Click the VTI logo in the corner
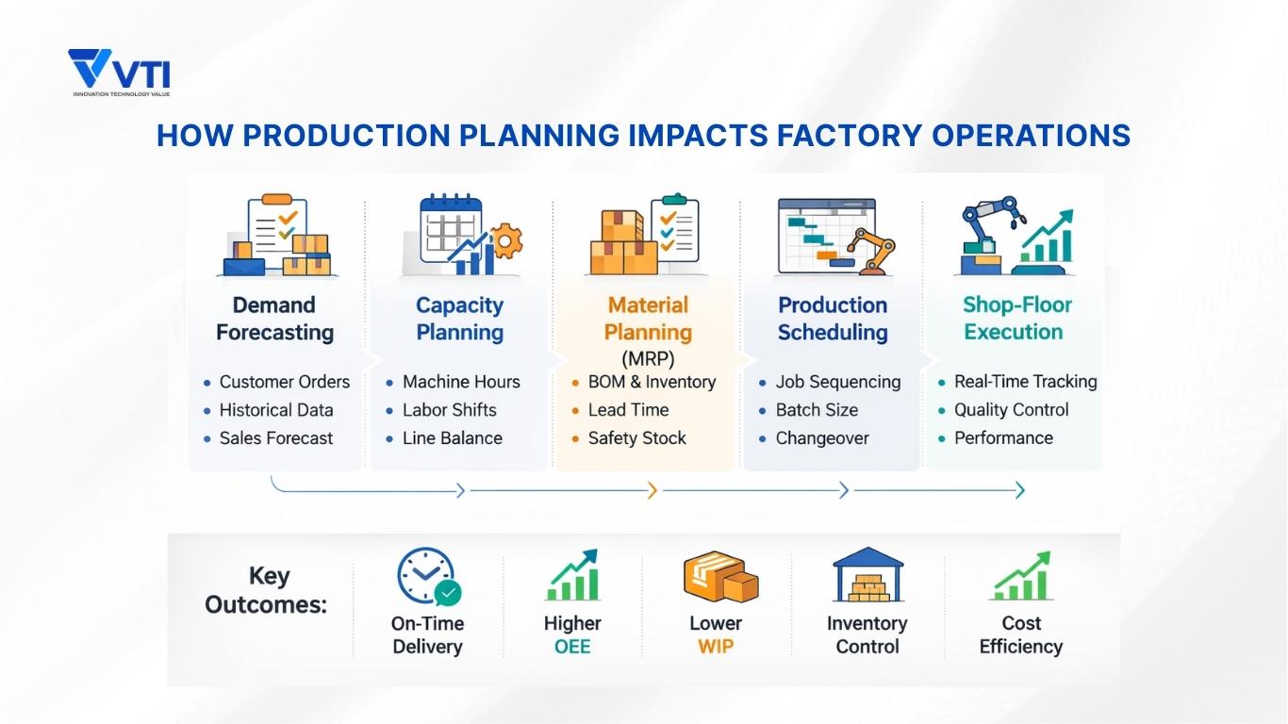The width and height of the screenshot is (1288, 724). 119,73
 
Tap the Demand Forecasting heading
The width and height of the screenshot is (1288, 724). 274,319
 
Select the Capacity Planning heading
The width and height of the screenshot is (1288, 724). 459,319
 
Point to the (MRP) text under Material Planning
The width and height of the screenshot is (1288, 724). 648,358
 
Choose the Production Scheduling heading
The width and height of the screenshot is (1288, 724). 833,319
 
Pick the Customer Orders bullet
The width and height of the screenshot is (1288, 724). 284,382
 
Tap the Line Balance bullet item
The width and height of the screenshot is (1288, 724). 452,438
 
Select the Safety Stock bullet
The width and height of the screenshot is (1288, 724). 636,438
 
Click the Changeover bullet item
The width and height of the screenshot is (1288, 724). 821,438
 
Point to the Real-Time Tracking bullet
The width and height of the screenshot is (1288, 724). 1025,382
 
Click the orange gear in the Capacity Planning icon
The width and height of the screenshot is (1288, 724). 507,242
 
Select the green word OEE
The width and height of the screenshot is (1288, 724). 572,647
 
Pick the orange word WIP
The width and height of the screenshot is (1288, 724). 716,647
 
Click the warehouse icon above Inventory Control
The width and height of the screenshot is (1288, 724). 867,575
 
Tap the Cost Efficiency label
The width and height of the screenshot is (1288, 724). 1020,634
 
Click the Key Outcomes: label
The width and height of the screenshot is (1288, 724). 266,590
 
